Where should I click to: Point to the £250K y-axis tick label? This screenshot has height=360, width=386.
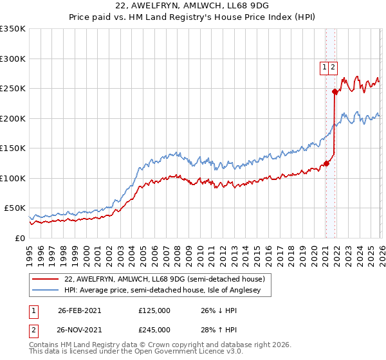pyautogui.click(x=13, y=88)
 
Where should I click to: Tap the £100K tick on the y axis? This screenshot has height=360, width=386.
pyautogui.click(x=13, y=178)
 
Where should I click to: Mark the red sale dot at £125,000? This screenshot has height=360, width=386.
pyautogui.click(x=326, y=163)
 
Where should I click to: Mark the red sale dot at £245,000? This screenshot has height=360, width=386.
pyautogui.click(x=335, y=91)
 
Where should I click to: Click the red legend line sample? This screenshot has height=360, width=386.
pyautogui.click(x=47, y=279)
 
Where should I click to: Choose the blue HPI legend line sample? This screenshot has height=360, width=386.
pyautogui.click(x=47, y=291)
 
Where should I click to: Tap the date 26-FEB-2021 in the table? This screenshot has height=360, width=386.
pyautogui.click(x=79, y=310)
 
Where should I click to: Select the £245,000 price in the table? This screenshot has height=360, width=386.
pyautogui.click(x=154, y=330)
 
